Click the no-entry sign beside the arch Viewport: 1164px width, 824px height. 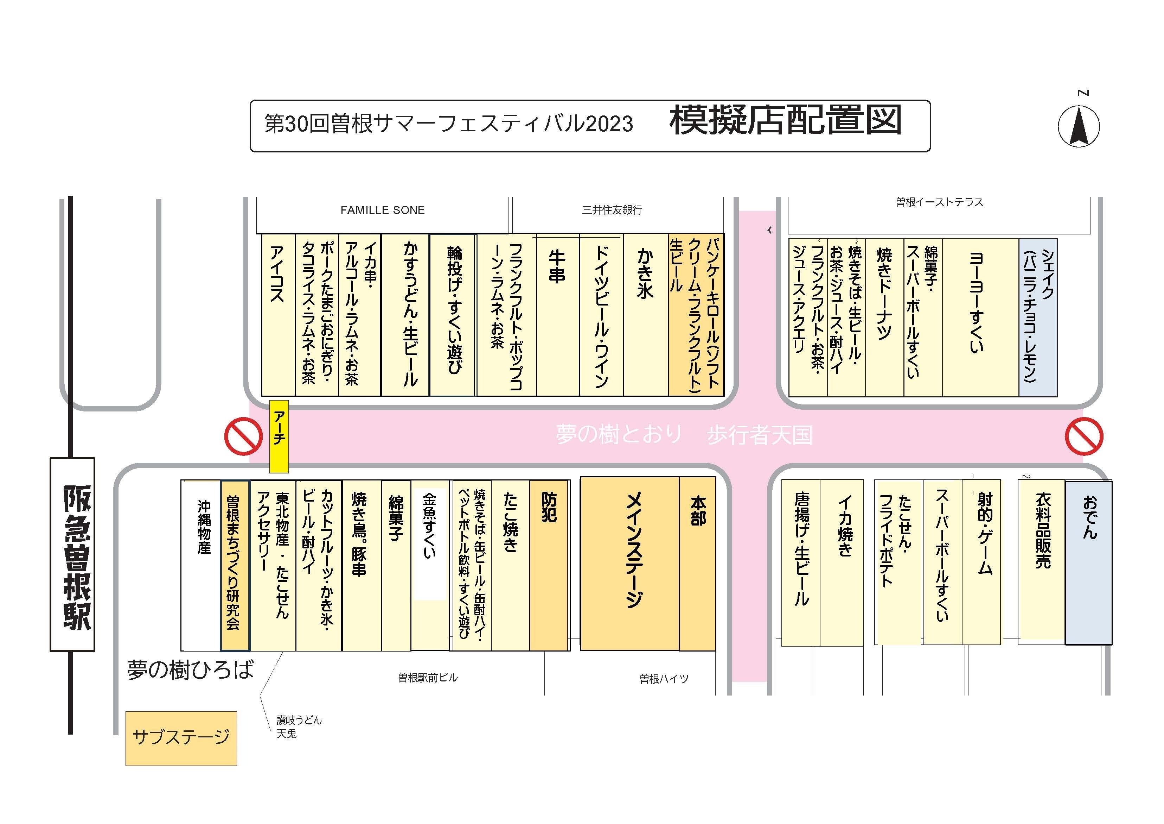[243, 436]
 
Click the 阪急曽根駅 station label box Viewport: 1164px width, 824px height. [72, 554]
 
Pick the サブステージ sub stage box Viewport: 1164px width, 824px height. [181, 738]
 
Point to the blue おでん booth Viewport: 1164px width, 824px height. [1088, 563]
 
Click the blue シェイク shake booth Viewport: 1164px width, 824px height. [1038, 317]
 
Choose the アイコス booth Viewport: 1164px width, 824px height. [278, 315]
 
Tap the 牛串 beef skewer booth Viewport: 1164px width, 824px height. [557, 315]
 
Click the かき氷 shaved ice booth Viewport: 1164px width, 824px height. [645, 315]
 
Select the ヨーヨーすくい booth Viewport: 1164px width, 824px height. [980, 317]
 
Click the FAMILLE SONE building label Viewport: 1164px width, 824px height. [382, 210]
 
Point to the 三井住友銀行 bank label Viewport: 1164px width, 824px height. [612, 210]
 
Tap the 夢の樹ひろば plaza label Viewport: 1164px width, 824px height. [190, 670]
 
